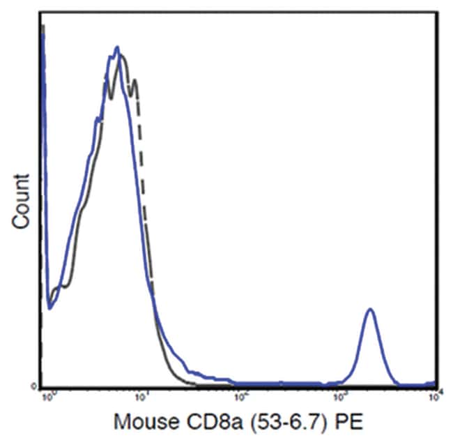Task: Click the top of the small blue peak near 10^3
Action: click(x=370, y=309)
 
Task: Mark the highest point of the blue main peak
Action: click(x=117, y=47)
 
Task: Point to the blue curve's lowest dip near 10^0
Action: click(x=50, y=307)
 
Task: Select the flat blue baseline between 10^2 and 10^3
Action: click(x=293, y=383)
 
